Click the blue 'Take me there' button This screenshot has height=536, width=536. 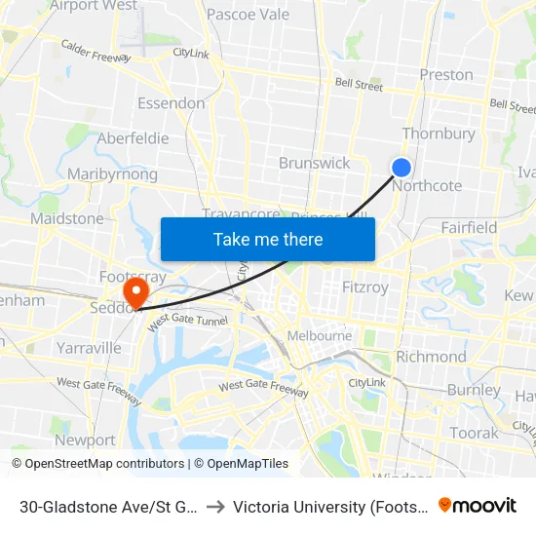(268, 239)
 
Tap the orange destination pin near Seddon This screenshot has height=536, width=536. (134, 291)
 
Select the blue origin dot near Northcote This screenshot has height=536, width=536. (401, 168)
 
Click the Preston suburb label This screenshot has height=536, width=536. (446, 75)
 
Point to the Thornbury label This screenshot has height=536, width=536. (439, 134)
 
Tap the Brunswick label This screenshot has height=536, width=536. (314, 163)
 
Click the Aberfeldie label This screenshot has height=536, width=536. (133, 138)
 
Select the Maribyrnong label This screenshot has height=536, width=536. (113, 174)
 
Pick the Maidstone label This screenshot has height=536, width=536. (66, 218)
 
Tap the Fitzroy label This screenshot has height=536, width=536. (365, 287)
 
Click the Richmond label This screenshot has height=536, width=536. (431, 357)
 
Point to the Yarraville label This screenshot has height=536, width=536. (89, 348)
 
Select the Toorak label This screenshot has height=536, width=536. (475, 433)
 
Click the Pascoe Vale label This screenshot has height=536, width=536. (249, 15)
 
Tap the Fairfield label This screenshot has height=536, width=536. (468, 227)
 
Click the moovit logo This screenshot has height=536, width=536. (477, 506)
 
